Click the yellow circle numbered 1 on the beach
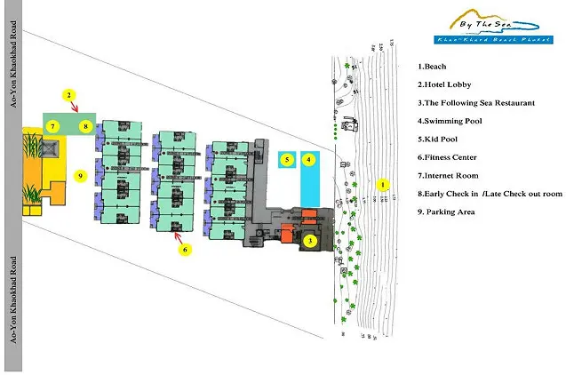pyautogui.click(x=383, y=185)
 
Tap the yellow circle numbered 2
pyautogui.click(x=68, y=94)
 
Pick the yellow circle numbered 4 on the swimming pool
pyautogui.click(x=309, y=160)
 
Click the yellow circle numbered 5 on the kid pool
pyautogui.click(x=286, y=160)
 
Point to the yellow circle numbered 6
pyautogui.click(x=184, y=250)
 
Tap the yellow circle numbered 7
pyautogui.click(x=53, y=126)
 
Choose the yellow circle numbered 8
pyautogui.click(x=85, y=126)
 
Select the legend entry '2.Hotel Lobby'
pyautogui.click(x=448, y=84)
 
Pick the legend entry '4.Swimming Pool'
pyautogui.click(x=452, y=121)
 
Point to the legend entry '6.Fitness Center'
pyautogui.click(x=451, y=157)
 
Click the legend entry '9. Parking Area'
pyautogui.click(x=449, y=211)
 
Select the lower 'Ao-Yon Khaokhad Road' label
pyautogui.click(x=13, y=302)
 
